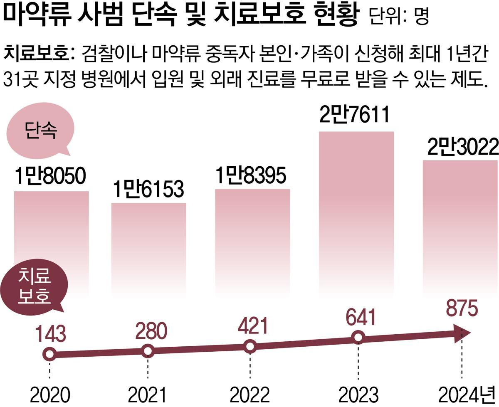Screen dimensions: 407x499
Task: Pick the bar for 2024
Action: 460,224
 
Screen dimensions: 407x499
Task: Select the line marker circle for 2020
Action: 49,355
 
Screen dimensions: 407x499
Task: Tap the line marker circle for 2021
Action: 148,351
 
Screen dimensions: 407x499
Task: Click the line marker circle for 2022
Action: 250,346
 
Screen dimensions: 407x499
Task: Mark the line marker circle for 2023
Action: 358,338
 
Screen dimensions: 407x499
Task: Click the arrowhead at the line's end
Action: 463,333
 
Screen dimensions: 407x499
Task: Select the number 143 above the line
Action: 50,335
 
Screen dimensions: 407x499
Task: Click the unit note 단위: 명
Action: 398,17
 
